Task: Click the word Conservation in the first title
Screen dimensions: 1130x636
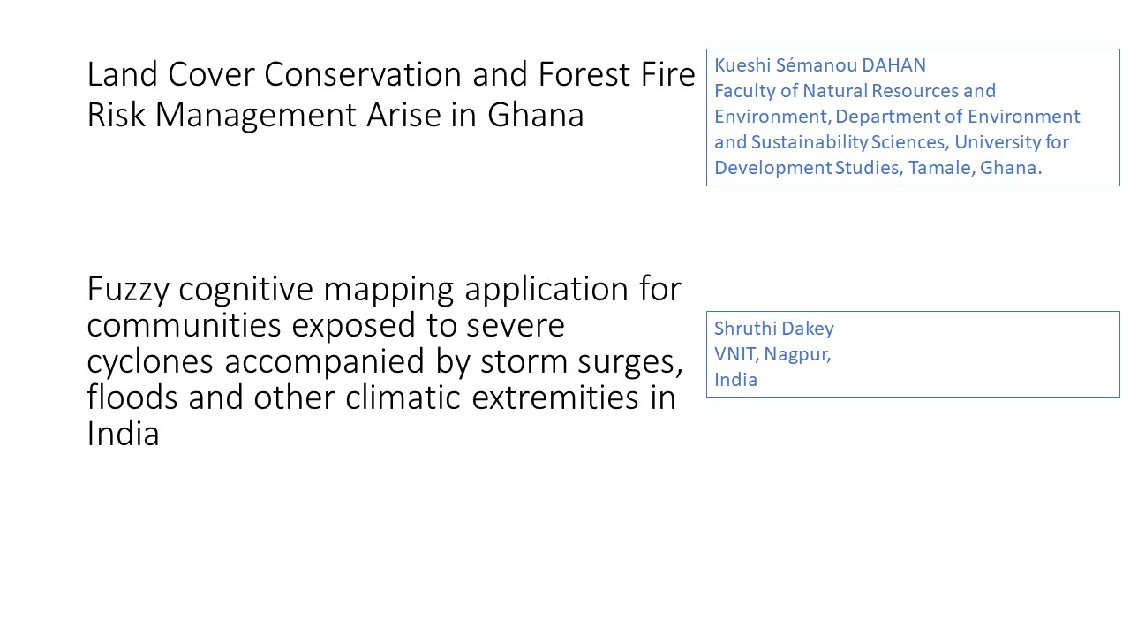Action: (x=363, y=74)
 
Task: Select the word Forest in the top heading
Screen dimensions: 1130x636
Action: (x=584, y=74)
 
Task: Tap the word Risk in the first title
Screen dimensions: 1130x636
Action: (x=116, y=115)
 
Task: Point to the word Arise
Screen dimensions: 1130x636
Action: (x=403, y=115)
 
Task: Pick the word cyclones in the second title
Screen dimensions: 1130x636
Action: (x=150, y=361)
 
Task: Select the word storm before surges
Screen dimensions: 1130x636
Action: (x=524, y=361)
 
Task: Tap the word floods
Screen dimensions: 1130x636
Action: (x=132, y=397)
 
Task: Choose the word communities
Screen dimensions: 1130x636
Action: (x=184, y=324)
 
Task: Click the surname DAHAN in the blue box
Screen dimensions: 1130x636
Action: (x=893, y=65)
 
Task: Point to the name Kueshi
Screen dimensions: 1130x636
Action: (x=742, y=65)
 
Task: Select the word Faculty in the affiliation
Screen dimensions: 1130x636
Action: (x=745, y=91)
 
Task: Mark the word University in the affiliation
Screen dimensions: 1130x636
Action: (x=997, y=142)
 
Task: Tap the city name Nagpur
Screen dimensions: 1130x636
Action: (x=797, y=355)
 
